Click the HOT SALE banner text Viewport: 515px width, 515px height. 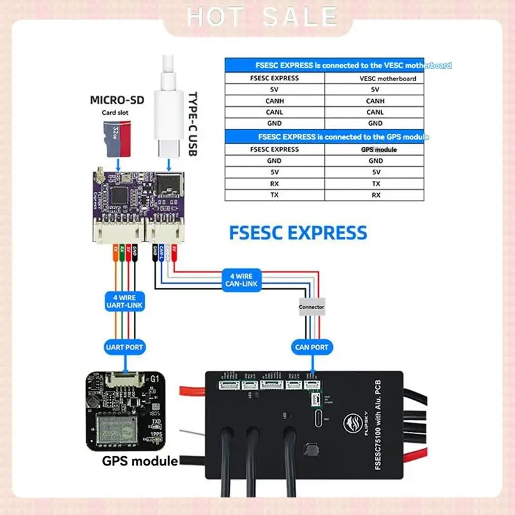pos(261,17)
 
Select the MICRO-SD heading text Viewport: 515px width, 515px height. pos(117,100)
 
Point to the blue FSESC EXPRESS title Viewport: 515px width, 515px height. pos(298,232)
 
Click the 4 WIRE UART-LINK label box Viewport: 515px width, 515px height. pos(124,300)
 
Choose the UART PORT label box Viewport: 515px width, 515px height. pos(124,347)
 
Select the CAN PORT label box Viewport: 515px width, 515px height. pos(312,347)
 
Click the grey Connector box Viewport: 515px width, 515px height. pos(312,307)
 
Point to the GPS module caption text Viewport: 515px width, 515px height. pos(140,461)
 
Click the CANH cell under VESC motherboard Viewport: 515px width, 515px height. pos(375,100)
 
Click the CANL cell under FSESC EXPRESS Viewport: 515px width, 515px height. pos(274,111)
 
